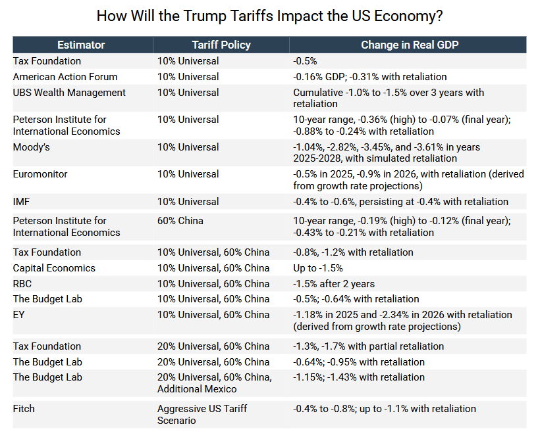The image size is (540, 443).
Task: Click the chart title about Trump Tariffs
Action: point(269,16)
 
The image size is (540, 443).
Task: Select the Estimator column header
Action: point(81,45)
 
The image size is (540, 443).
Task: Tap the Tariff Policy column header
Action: point(221,45)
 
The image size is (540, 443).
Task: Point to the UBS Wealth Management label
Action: point(69,93)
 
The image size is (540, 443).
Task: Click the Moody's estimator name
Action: point(32,147)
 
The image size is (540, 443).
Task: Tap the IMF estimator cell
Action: point(22,202)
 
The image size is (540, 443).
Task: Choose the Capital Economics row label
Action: point(54,268)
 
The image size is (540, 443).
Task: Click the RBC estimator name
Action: point(22,284)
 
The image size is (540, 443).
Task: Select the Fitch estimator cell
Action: point(24,409)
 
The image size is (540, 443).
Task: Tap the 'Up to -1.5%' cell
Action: point(318,268)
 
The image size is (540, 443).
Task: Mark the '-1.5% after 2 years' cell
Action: point(334,284)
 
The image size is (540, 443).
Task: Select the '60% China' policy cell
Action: point(180,221)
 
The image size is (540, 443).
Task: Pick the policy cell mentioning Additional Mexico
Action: point(214,383)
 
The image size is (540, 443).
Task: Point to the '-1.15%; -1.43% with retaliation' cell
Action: point(359,377)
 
